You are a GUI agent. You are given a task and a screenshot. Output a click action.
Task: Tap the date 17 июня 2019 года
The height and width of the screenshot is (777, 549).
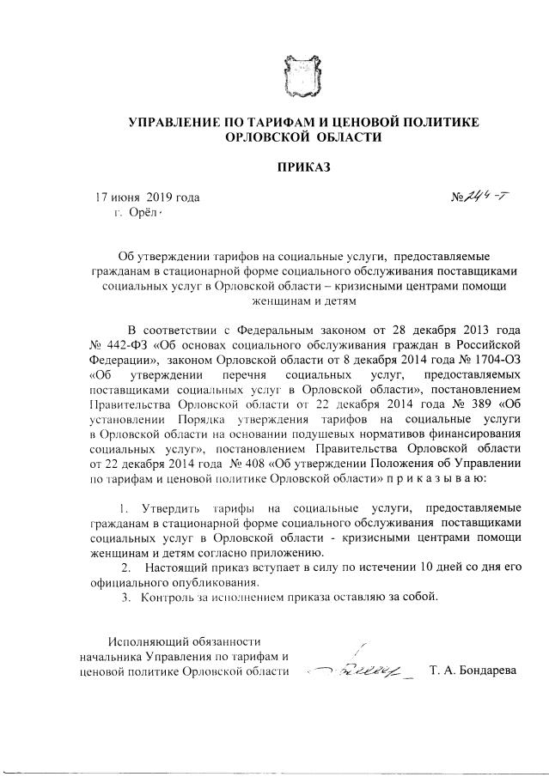coord(148,198)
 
